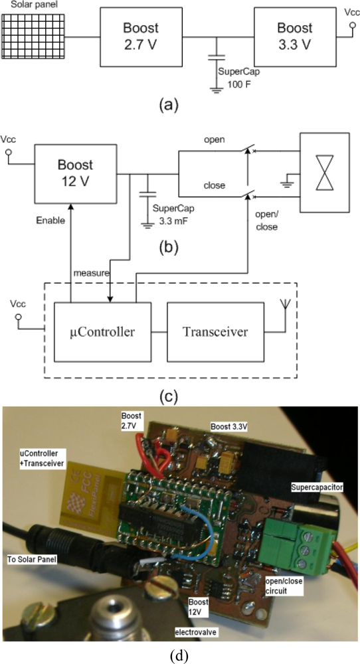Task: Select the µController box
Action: click(x=103, y=332)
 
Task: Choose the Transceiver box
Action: click(x=209, y=332)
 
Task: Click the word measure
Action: click(x=90, y=272)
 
